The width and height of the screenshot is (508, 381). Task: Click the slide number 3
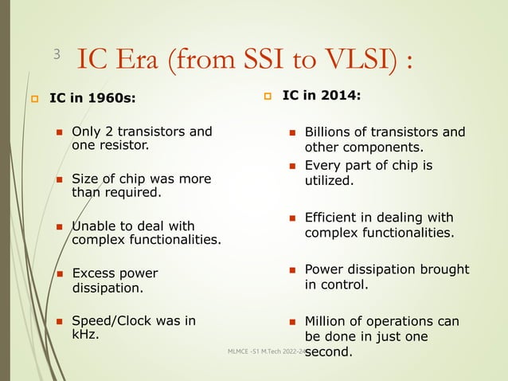[x=57, y=54]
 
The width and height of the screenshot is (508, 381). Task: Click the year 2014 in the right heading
[x=341, y=96]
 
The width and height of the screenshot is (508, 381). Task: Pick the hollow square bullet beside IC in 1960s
[x=33, y=100]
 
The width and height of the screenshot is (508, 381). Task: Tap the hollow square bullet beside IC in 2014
[x=268, y=97]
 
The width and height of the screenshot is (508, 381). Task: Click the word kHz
[x=85, y=335]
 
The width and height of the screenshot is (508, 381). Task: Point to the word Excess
[x=94, y=273]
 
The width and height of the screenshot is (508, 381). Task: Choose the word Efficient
[x=335, y=218]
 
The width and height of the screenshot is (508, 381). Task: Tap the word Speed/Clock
[x=109, y=321]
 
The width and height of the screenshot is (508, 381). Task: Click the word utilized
[x=329, y=180]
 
